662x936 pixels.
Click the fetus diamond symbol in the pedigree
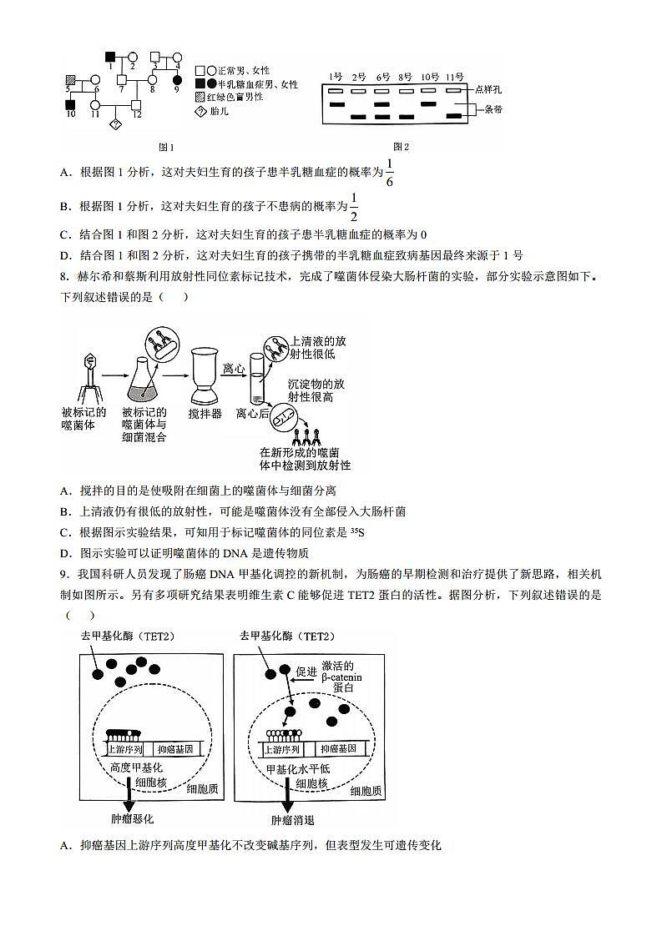coord(116,125)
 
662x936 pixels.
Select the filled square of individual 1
coord(110,57)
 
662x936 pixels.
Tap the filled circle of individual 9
coord(176,81)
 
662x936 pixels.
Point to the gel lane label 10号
coord(430,76)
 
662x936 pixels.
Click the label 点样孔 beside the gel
coord(489,88)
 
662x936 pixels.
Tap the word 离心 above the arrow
coord(234,366)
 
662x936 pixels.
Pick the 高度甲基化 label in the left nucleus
coord(136,767)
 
